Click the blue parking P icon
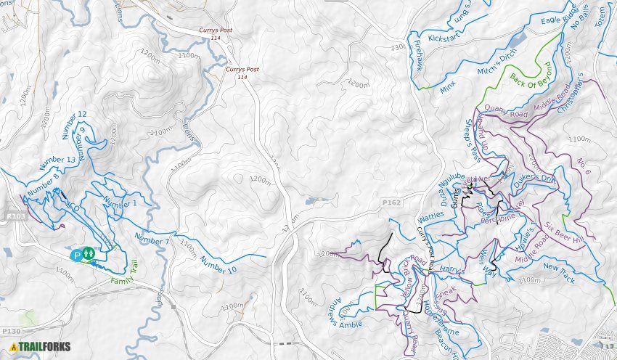(76, 255)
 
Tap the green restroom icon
(88, 253)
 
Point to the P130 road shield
(11, 331)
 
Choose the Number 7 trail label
(152, 237)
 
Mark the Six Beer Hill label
(563, 231)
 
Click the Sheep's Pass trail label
(473, 140)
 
